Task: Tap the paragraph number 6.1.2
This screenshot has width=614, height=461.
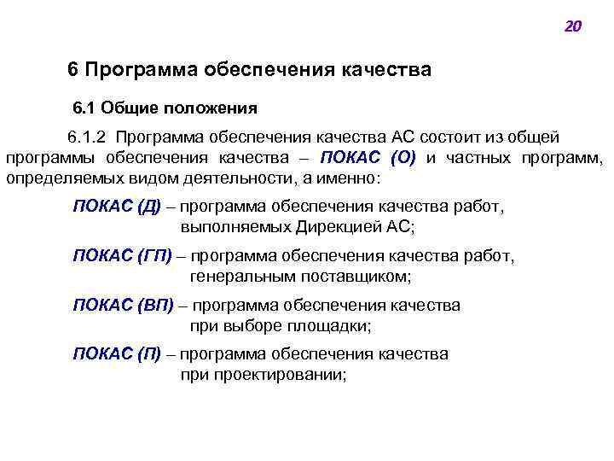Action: click(89, 137)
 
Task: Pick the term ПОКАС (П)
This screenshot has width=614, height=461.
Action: click(117, 353)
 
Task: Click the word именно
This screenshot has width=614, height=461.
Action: click(350, 179)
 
